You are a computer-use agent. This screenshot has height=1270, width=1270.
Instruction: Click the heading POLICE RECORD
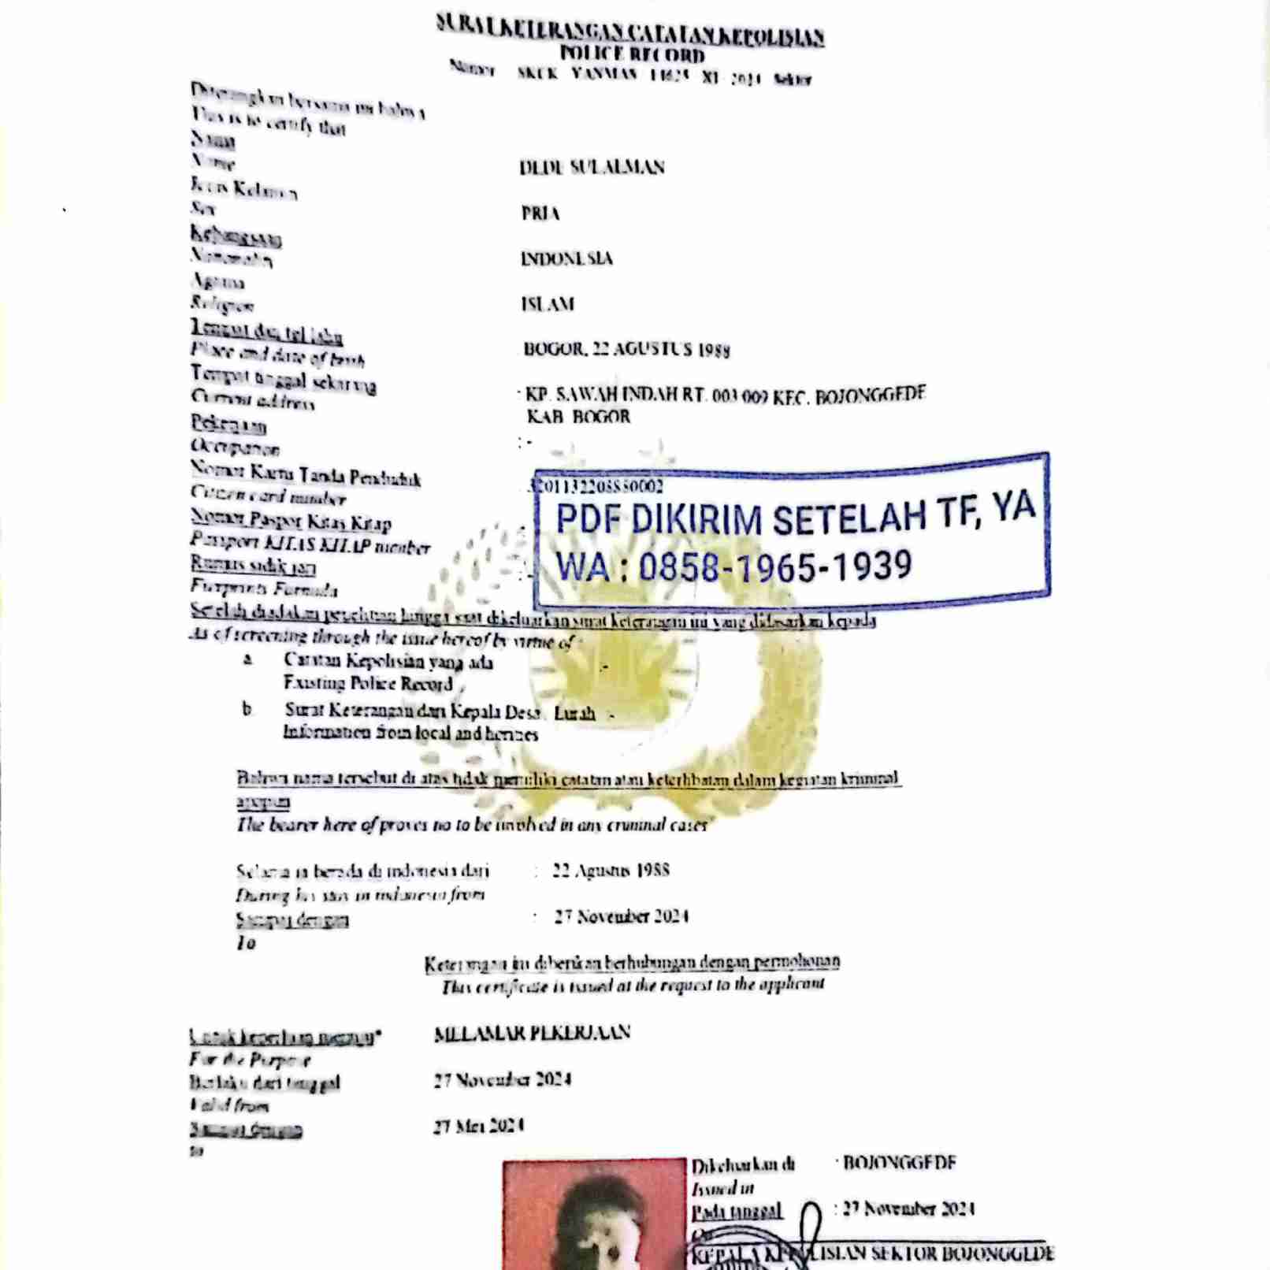point(632,54)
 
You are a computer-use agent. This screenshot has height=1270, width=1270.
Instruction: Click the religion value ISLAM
point(548,304)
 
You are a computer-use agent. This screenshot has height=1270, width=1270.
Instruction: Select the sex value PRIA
point(540,214)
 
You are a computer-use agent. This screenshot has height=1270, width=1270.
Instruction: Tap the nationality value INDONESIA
point(566,258)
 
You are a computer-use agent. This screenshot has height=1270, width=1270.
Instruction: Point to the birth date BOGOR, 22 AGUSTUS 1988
point(626,349)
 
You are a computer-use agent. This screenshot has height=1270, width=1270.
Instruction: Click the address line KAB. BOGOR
point(578,417)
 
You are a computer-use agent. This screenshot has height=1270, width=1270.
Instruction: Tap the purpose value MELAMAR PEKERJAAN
point(532,1033)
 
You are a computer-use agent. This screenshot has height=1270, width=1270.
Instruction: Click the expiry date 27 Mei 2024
point(479,1126)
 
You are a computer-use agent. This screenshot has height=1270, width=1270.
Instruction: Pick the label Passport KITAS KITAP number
point(310,544)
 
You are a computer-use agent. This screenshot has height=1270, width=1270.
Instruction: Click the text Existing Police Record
point(368,684)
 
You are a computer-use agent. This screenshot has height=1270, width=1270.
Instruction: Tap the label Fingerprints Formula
point(264,588)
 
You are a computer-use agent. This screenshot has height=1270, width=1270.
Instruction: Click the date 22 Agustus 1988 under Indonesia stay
point(611,871)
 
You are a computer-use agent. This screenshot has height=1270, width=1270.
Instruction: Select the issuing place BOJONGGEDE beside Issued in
point(899,1163)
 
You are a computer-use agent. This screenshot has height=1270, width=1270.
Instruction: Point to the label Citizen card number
point(268,496)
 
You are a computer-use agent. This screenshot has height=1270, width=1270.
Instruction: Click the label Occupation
point(235,447)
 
